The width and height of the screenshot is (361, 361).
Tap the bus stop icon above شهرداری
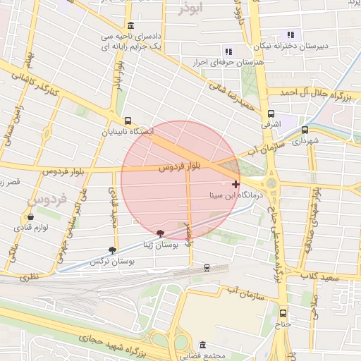(x=305, y=130)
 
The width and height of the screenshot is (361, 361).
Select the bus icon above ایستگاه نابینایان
(x=127, y=121)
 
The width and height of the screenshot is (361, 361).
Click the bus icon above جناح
(x=283, y=313)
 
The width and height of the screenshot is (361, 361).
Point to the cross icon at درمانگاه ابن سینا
(x=235, y=184)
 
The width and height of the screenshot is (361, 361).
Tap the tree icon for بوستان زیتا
(x=161, y=233)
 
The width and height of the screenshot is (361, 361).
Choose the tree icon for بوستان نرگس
(x=113, y=250)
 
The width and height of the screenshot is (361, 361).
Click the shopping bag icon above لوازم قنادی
(x=30, y=217)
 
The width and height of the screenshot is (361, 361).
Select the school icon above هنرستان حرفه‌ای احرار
(x=227, y=51)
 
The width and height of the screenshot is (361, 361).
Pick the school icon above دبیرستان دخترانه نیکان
(x=290, y=35)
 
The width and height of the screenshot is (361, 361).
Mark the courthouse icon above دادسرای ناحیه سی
(x=130, y=26)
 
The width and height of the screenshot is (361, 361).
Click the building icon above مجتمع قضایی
(x=203, y=345)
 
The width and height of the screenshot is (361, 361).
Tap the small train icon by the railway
(x=207, y=267)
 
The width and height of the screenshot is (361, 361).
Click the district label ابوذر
(x=190, y=8)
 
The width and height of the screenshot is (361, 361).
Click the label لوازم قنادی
(x=30, y=228)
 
